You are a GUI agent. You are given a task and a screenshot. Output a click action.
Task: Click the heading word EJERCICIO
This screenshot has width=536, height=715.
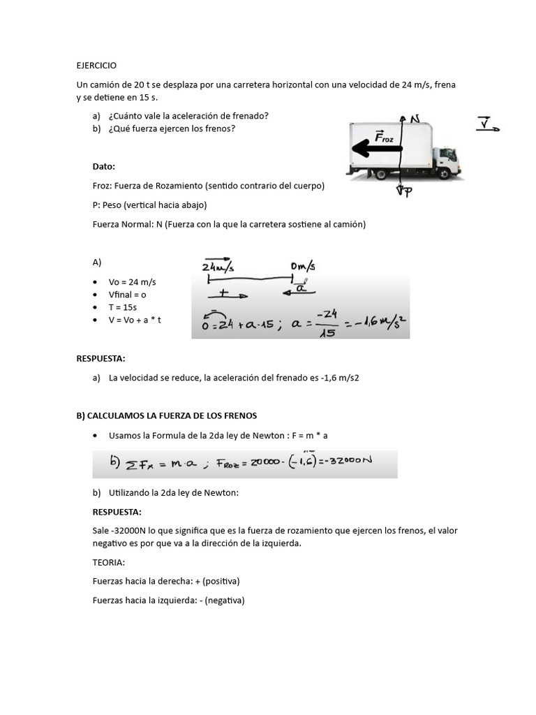click(x=96, y=65)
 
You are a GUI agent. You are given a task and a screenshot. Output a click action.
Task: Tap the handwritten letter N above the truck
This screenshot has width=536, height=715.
click(x=415, y=119)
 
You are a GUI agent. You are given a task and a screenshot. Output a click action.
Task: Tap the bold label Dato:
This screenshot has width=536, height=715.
click(x=104, y=166)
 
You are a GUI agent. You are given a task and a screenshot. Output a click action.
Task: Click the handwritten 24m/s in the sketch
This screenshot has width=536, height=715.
click(x=218, y=267)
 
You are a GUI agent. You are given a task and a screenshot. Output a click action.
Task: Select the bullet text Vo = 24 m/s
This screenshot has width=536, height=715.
click(x=132, y=282)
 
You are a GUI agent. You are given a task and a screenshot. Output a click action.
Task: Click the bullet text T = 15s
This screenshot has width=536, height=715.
click(x=123, y=307)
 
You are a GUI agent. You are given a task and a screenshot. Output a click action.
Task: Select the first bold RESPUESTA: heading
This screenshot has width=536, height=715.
click(x=100, y=359)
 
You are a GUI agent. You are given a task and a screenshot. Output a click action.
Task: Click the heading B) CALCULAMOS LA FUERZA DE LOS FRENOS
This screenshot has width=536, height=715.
click(x=166, y=415)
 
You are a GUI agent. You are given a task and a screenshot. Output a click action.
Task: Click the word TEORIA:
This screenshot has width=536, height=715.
click(x=108, y=561)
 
